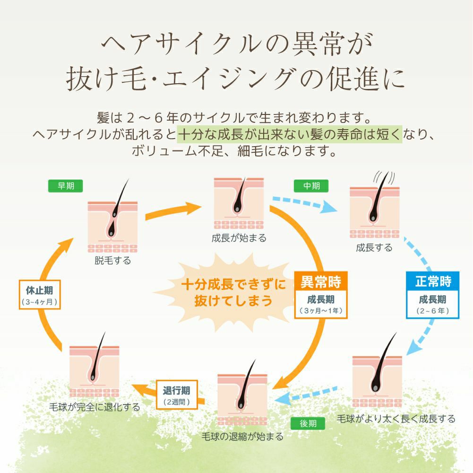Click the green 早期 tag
[66, 186]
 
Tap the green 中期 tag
[311, 186]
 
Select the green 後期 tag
[308, 423]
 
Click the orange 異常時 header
[321, 281]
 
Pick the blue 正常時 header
[433, 281]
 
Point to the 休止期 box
[40, 295]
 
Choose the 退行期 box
[177, 395]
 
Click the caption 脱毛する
[113, 260]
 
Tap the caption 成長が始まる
[239, 238]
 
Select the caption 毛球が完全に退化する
[95, 407]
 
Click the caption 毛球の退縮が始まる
[242, 436]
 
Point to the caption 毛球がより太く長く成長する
[396, 419]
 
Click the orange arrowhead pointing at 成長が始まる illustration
[193, 208]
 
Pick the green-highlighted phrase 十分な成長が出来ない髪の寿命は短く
[290, 134]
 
